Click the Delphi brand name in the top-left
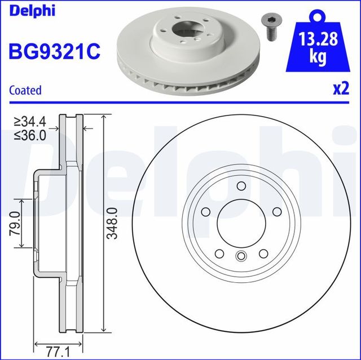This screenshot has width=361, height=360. tap(32, 12)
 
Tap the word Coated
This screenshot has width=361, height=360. tap(25, 90)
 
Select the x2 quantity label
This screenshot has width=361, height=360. tap(340, 89)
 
